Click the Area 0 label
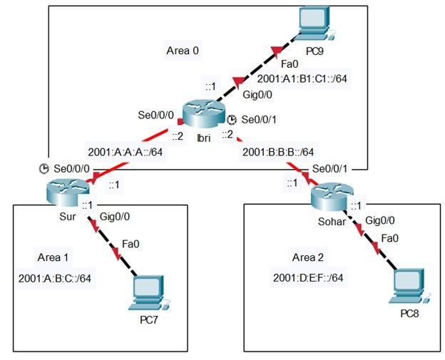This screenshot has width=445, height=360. click(182, 51)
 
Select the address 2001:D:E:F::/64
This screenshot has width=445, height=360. click(309, 277)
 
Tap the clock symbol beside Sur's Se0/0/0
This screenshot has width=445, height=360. click(44, 169)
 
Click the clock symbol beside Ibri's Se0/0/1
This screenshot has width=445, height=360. click(232, 119)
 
